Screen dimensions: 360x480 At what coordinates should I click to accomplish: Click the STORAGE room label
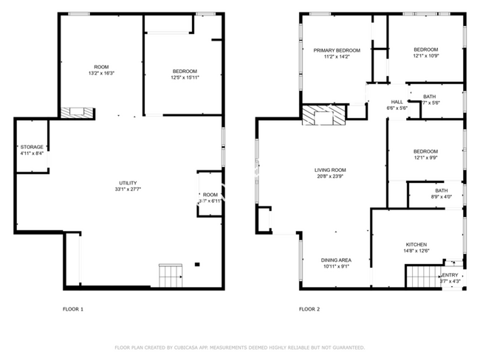(x=32, y=147)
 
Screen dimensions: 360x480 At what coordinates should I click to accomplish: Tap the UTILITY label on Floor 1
(x=128, y=183)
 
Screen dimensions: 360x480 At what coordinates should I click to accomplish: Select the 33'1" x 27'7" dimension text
(x=128, y=190)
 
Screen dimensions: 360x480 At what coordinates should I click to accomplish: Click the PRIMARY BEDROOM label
(x=336, y=50)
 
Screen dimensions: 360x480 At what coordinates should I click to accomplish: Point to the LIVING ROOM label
(x=330, y=170)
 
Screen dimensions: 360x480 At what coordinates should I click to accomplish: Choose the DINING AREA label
(x=335, y=260)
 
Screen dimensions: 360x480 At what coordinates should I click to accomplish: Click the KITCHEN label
(x=416, y=244)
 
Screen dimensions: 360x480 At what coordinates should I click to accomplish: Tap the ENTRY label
(x=450, y=274)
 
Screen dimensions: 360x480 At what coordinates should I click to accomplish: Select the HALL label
(x=397, y=102)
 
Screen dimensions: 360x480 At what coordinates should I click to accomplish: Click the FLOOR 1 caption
(x=72, y=309)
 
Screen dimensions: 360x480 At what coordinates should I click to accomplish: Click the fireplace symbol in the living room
(x=323, y=115)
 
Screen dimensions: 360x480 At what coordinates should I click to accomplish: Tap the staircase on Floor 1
(x=171, y=276)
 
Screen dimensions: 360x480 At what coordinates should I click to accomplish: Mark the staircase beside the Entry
(x=423, y=277)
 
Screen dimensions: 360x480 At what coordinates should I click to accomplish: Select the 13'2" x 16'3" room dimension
(x=101, y=73)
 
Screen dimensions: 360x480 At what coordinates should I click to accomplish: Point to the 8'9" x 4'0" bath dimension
(x=441, y=196)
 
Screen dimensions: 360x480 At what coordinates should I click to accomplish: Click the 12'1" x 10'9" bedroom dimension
(x=425, y=56)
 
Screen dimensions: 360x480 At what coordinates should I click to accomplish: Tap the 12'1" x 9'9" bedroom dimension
(x=425, y=157)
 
